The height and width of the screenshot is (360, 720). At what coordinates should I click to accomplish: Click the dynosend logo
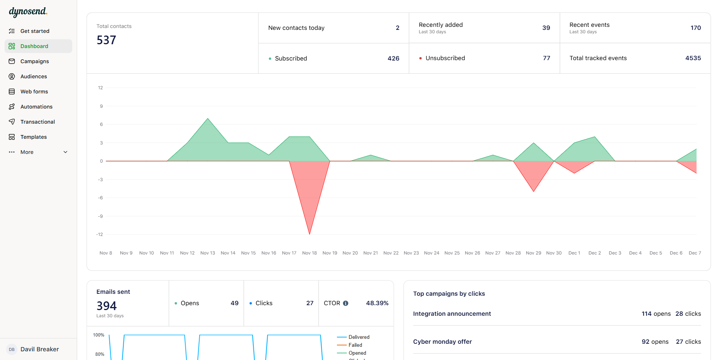(x=28, y=12)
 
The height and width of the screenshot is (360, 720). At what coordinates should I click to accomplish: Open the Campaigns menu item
(x=34, y=61)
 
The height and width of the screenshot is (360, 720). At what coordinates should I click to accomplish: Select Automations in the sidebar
(x=36, y=107)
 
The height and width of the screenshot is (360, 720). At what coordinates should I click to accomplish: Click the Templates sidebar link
(x=33, y=137)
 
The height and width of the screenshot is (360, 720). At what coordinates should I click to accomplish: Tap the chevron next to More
(x=65, y=152)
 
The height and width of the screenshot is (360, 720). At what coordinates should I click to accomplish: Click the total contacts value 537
(x=106, y=40)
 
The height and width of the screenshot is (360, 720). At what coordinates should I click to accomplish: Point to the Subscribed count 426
(x=393, y=58)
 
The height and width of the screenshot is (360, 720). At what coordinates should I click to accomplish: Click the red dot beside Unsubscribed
(x=421, y=58)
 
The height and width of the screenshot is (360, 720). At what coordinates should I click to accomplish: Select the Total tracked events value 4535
(x=693, y=58)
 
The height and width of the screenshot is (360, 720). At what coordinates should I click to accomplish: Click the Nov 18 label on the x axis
(x=309, y=253)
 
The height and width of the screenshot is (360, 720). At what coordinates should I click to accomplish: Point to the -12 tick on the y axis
(x=99, y=234)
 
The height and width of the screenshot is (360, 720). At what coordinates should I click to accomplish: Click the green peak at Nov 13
(x=208, y=119)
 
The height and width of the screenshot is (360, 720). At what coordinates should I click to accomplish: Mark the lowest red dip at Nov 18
(x=309, y=233)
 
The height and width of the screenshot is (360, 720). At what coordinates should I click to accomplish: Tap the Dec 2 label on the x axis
(x=594, y=253)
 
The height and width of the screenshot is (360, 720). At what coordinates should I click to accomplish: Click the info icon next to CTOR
(x=346, y=303)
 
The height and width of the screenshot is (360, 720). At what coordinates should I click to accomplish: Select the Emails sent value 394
(x=107, y=306)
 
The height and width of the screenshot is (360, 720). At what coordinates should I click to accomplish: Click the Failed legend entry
(x=355, y=345)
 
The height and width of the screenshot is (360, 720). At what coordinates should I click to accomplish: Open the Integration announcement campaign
(x=452, y=313)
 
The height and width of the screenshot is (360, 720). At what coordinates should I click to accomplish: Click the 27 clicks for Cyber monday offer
(x=688, y=341)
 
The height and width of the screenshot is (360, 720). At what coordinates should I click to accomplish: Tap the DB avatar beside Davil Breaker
(x=12, y=349)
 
